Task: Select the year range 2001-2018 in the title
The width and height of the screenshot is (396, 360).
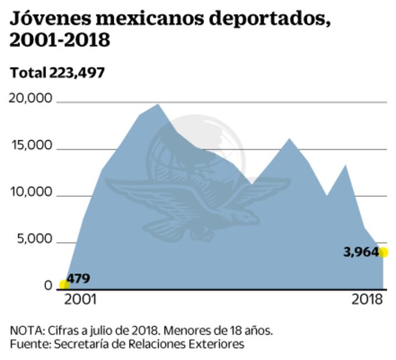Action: pos(60,41)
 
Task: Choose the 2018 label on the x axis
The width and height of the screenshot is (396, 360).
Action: pos(368,300)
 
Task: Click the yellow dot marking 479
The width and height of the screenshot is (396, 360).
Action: pos(63,285)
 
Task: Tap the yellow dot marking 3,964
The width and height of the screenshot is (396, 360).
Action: pos(383,252)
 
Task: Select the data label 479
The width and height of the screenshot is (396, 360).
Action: pos(78,278)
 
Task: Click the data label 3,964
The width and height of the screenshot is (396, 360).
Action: pos(361,252)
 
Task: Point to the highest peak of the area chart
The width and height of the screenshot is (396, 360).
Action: pos(158,105)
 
